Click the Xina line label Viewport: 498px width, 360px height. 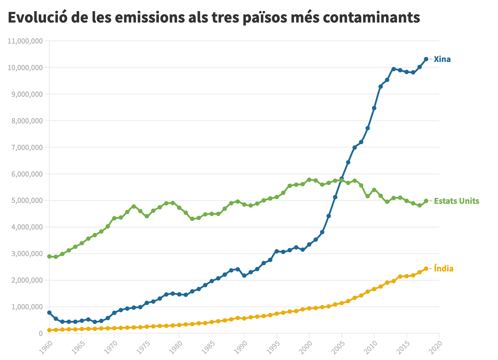tap(442, 59)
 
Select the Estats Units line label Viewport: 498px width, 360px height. tap(456, 201)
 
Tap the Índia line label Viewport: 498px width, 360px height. tap(444, 269)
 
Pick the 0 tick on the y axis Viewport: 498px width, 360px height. tap(40, 333)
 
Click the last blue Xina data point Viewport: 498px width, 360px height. tap(426, 59)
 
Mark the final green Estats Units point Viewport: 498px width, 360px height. tap(426, 201)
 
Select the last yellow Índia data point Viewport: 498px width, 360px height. tap(426, 269)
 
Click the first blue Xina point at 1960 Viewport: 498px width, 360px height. tap(49, 313)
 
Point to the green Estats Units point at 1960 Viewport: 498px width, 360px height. tap(49, 256)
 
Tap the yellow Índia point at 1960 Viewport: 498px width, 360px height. tap(49, 330)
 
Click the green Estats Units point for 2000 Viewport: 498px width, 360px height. tap(309, 180)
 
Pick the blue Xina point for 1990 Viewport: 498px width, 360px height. tap(244, 276)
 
